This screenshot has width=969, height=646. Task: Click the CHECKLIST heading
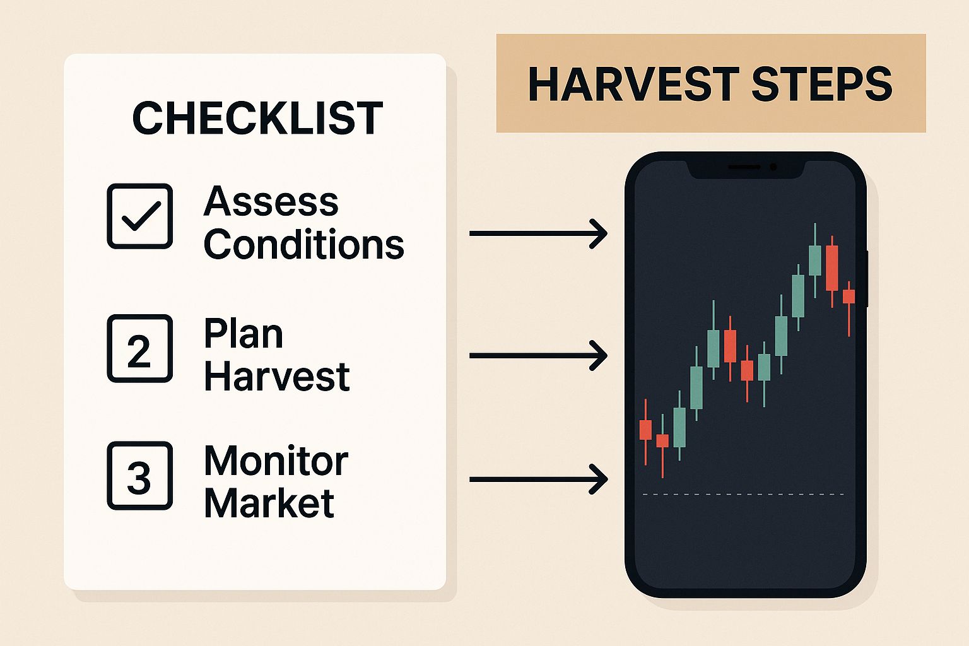click(x=257, y=118)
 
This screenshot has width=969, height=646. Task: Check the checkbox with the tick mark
click(x=139, y=216)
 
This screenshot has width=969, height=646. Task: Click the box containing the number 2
click(x=139, y=348)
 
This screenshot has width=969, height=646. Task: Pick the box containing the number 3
click(x=139, y=476)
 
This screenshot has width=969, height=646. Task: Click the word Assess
click(x=271, y=202)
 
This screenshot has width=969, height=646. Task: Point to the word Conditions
click(x=303, y=244)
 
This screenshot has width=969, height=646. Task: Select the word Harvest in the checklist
click(x=276, y=377)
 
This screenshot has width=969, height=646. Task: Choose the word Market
click(x=269, y=503)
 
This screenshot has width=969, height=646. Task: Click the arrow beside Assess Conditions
click(x=538, y=233)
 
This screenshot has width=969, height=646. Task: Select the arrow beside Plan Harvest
click(x=538, y=356)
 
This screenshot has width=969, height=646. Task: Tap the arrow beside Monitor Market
click(x=538, y=479)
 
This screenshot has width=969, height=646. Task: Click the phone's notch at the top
click(x=745, y=167)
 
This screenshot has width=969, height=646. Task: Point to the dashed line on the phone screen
click(x=743, y=494)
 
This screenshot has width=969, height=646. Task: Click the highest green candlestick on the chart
click(x=815, y=260)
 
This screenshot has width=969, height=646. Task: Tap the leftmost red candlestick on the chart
click(x=645, y=430)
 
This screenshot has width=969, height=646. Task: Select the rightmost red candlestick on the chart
click(x=849, y=297)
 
